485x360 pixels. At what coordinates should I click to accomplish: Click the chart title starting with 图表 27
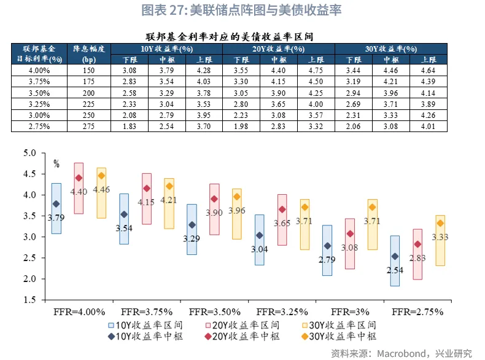[x=241, y=10]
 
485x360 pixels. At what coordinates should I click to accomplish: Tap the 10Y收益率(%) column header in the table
[x=166, y=49]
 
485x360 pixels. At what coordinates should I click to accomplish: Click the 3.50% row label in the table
[x=39, y=93]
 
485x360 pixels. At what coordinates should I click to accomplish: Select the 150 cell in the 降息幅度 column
[x=89, y=71]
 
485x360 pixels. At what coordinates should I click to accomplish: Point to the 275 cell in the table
[x=89, y=126]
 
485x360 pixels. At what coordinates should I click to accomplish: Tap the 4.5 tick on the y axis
[x=29, y=174]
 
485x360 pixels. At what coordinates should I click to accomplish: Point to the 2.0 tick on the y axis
[x=29, y=279]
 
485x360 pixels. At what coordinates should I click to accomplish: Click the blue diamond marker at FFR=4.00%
[x=56, y=204]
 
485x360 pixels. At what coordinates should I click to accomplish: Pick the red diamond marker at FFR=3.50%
[x=214, y=199]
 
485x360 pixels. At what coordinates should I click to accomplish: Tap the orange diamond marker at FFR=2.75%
[x=440, y=223]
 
